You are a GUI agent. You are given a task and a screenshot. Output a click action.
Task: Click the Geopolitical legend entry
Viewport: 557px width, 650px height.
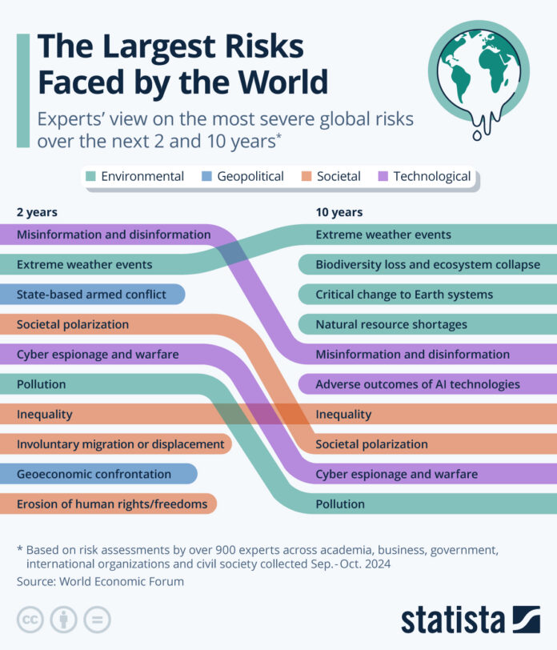(x=242, y=176)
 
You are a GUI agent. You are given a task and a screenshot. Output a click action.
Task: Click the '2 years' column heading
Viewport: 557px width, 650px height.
(x=37, y=212)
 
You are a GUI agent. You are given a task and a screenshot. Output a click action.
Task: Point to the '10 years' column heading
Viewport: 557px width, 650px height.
(x=339, y=212)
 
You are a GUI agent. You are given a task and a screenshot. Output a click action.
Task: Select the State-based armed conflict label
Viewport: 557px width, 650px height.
(x=91, y=295)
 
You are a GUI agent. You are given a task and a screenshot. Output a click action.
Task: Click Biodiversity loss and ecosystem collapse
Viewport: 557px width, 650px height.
(x=427, y=264)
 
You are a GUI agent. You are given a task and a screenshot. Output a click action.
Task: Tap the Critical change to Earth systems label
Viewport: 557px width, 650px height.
(x=404, y=295)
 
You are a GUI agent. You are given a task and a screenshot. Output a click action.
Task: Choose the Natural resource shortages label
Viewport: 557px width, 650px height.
(x=391, y=324)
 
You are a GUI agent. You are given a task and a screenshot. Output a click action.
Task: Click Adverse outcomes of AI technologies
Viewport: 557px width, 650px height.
(x=417, y=384)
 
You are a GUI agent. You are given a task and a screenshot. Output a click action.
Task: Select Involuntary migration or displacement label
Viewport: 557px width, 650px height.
(x=120, y=443)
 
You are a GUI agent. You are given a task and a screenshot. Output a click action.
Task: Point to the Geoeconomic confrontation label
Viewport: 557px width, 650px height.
(x=94, y=474)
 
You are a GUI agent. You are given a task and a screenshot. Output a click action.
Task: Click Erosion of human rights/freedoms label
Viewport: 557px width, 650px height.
(x=112, y=504)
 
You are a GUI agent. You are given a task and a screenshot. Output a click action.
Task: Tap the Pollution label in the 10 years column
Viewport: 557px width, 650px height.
(x=340, y=504)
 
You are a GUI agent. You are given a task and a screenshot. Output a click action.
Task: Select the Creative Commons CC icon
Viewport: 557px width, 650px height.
(x=30, y=620)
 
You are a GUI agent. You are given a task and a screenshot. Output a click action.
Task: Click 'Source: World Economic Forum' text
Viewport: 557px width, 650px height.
(x=100, y=581)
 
